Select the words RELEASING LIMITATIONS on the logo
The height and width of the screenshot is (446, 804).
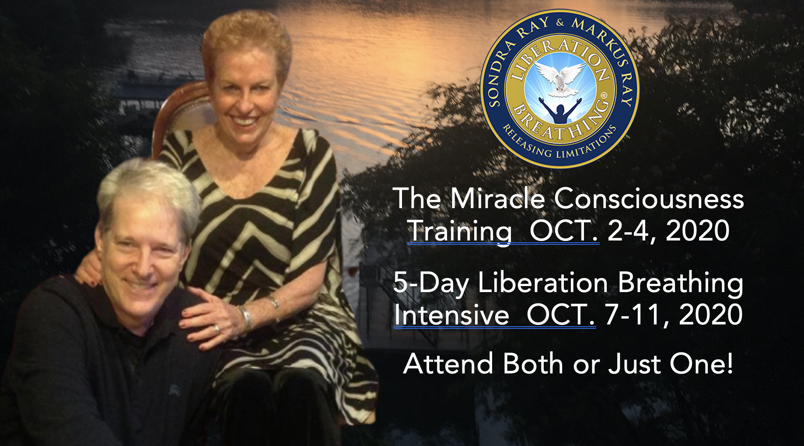click(560, 144)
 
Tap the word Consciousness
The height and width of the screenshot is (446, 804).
click(649, 199)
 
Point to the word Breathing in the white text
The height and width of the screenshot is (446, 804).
click(681, 283)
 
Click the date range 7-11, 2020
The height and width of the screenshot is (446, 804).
click(674, 315)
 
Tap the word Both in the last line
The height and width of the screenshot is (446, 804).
click(533, 364)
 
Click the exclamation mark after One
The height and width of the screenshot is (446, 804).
click(728, 364)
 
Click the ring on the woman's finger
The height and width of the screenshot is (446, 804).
click(217, 328)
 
